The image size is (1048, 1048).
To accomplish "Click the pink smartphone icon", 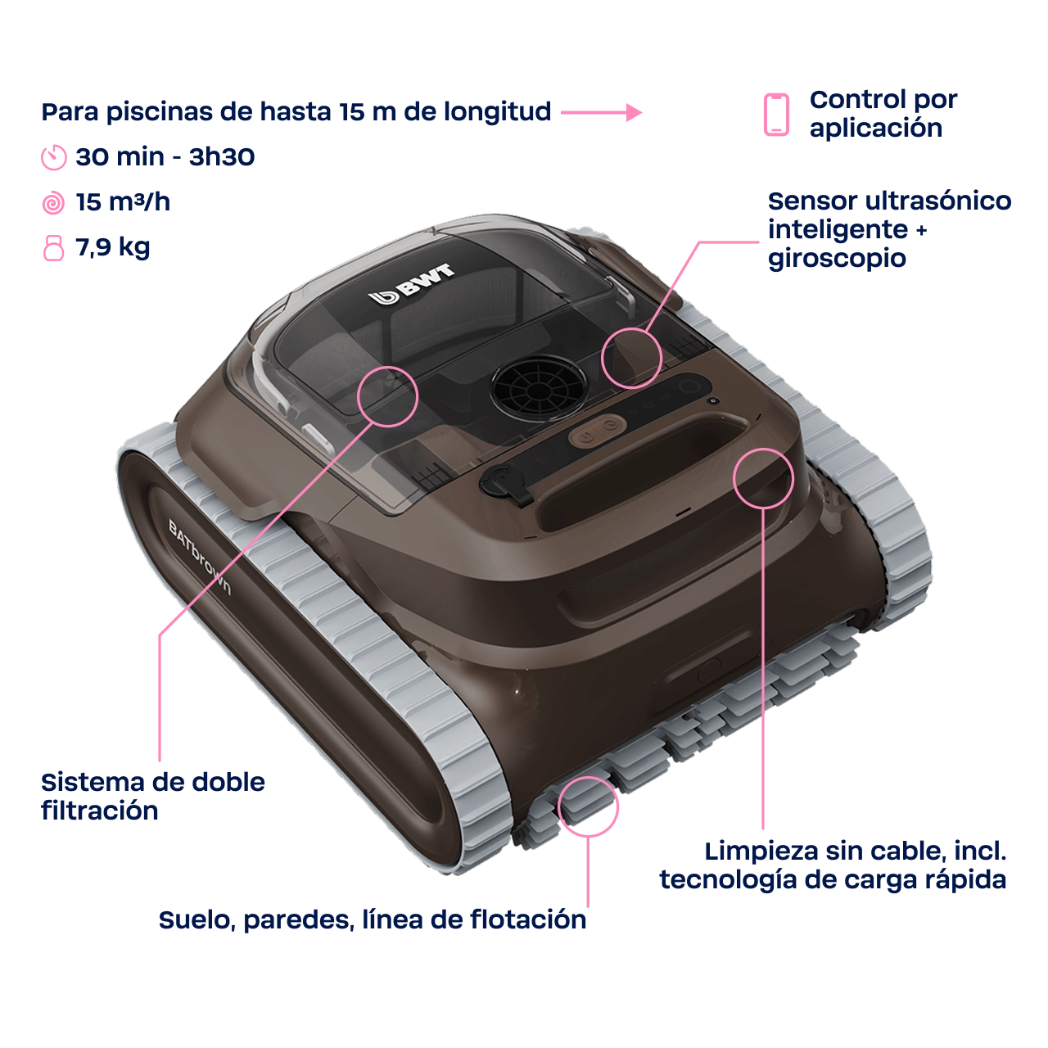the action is (x=776, y=114).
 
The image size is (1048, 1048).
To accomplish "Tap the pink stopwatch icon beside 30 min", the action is (x=54, y=158).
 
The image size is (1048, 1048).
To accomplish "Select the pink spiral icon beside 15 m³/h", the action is (x=53, y=203).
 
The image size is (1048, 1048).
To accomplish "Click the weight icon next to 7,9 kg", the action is (x=53, y=248).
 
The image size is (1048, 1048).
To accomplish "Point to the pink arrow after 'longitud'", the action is (x=601, y=112).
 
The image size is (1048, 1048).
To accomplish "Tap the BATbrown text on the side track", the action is (x=200, y=557).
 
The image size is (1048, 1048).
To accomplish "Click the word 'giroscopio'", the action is (x=837, y=260).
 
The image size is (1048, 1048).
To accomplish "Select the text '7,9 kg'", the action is (x=112, y=248).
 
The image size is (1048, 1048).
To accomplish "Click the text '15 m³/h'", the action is (x=123, y=202).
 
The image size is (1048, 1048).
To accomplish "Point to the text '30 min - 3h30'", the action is (x=165, y=157).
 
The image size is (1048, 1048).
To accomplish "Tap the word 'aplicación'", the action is (x=875, y=129).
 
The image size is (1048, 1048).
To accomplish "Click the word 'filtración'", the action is (x=100, y=811).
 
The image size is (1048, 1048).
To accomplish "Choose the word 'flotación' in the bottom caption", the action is (x=528, y=919).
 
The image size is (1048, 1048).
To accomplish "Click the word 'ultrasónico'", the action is (x=938, y=201).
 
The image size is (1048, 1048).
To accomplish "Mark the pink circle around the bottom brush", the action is (x=588, y=806).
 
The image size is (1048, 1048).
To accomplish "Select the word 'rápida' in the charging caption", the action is (x=964, y=879).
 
